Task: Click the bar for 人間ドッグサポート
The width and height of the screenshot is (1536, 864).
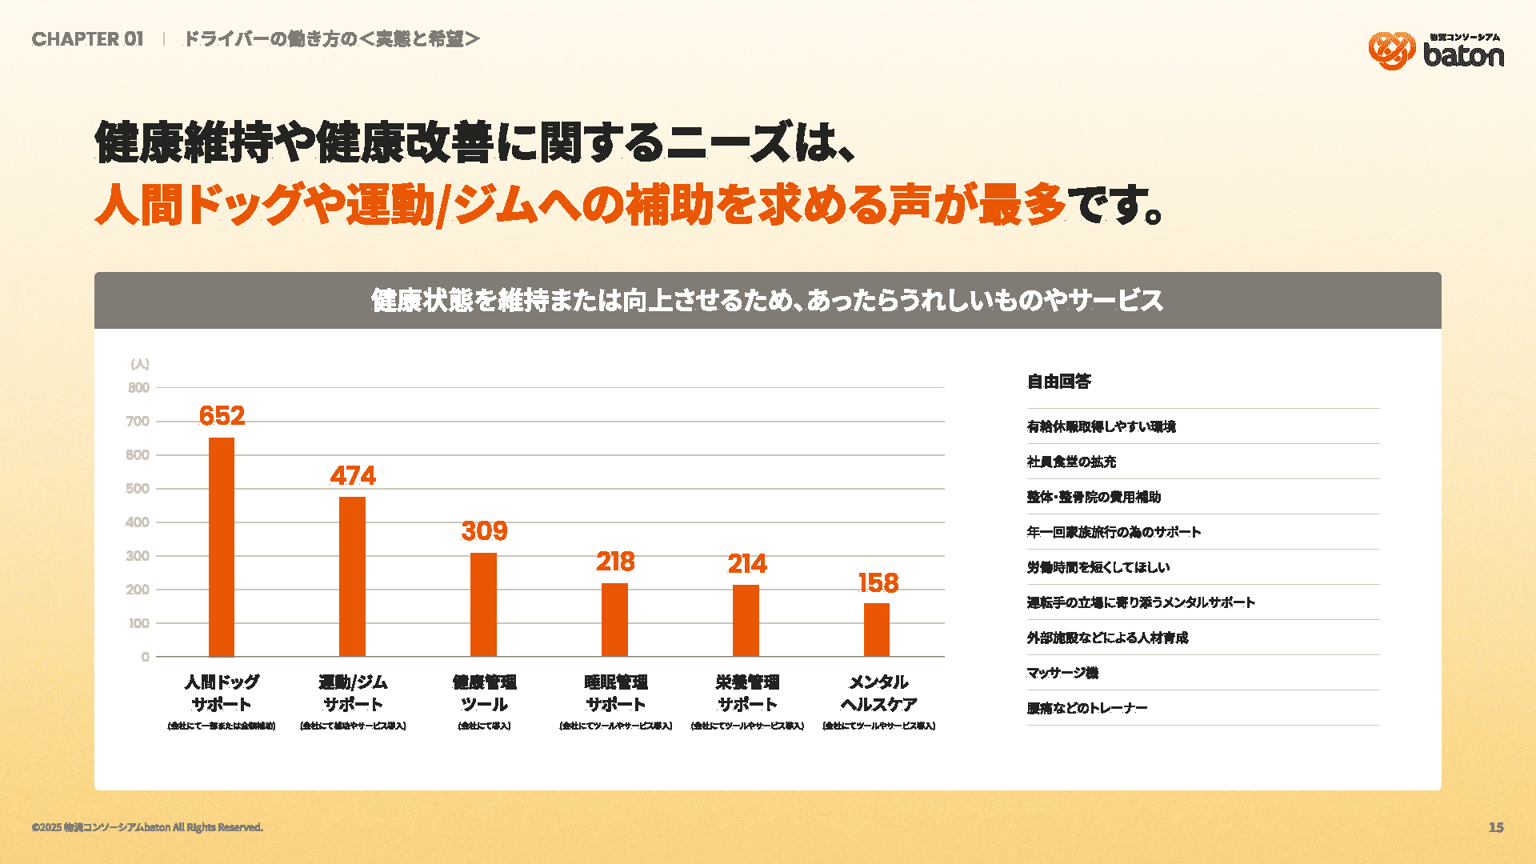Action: tap(222, 547)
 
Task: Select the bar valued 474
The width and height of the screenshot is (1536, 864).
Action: tap(352, 576)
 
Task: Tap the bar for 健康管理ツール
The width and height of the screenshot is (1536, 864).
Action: tap(483, 604)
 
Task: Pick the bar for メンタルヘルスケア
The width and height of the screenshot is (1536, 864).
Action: tap(877, 630)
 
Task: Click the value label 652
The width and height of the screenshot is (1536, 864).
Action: tap(222, 416)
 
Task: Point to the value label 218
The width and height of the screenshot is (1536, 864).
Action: tap(615, 562)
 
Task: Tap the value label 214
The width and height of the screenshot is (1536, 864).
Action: tap(746, 564)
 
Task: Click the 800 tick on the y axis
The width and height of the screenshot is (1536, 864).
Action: tap(138, 388)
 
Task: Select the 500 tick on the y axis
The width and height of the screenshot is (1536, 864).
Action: tap(138, 489)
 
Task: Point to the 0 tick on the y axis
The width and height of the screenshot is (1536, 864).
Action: tap(145, 657)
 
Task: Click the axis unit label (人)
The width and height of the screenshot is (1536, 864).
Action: tap(140, 364)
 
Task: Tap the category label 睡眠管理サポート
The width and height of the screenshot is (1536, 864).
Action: tap(615, 693)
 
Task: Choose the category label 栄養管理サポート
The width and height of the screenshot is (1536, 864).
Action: tap(746, 693)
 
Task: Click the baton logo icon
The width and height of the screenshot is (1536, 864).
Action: tap(1391, 50)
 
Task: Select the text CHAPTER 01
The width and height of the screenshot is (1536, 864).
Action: tap(88, 39)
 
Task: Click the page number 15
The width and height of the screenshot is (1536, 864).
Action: tap(1496, 827)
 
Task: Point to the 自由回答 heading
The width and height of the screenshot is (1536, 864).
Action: tap(1058, 382)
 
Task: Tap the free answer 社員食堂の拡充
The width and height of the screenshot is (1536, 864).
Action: tap(1071, 462)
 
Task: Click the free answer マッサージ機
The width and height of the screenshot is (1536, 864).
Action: tap(1062, 673)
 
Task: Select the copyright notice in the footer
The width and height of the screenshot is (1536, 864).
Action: tap(147, 827)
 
